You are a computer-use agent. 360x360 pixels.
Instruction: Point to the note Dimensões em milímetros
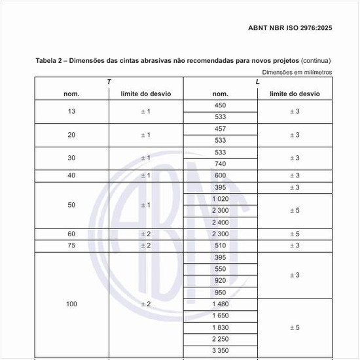[298, 72]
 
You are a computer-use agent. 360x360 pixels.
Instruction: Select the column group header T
[109, 82]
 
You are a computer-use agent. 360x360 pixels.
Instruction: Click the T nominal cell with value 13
[71, 111]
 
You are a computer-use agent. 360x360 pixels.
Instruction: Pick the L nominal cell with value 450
[221, 105]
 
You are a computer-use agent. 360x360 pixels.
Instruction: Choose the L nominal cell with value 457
[221, 129]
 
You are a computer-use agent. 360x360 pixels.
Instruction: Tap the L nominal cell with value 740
[221, 164]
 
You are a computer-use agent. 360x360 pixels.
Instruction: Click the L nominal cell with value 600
[221, 175]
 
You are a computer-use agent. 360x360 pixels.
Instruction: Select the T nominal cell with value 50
[71, 205]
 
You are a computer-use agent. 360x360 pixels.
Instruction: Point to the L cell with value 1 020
[221, 199]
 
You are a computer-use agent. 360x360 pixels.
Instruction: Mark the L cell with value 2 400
[221, 223]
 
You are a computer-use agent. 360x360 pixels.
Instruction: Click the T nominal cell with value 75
[71, 245]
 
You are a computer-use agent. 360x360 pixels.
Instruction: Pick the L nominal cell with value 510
[221, 245]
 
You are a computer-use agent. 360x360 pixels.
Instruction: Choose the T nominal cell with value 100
[71, 304]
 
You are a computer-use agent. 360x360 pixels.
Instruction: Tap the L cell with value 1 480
[221, 304]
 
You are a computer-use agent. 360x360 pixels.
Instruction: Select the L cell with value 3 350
[221, 351]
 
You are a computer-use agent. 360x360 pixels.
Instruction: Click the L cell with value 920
[221, 281]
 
